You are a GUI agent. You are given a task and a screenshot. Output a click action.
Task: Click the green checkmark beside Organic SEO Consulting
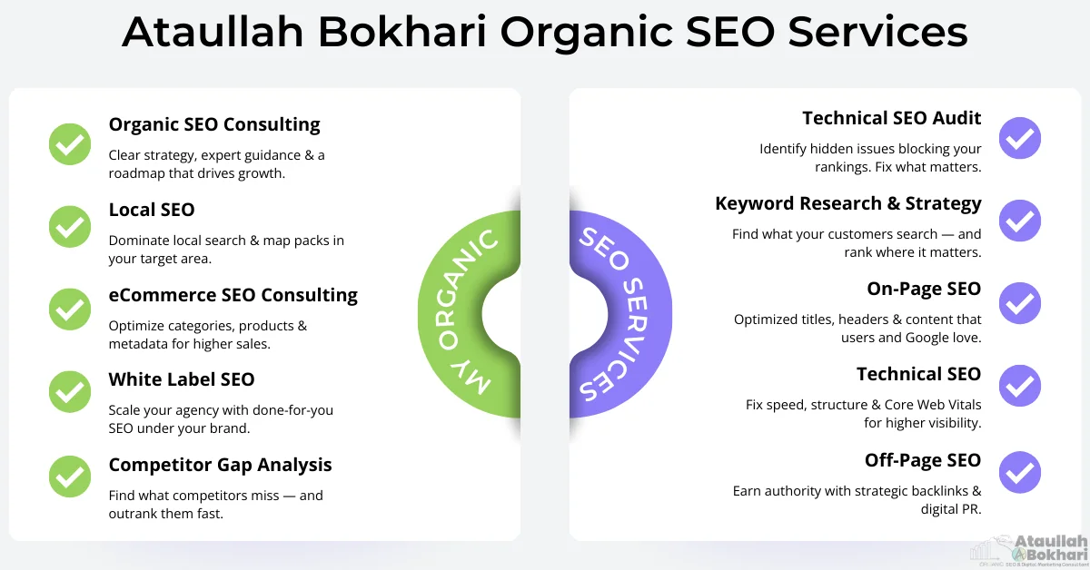[70, 143]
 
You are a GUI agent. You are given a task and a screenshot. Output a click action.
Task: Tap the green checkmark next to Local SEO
[70, 227]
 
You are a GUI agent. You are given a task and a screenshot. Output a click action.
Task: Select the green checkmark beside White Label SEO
[70, 391]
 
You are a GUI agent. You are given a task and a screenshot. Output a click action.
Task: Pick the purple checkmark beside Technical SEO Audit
[1020, 138]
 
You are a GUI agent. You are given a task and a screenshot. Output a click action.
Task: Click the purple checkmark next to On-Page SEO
[1020, 303]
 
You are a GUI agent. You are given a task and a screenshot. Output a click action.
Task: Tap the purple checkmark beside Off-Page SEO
[1020, 473]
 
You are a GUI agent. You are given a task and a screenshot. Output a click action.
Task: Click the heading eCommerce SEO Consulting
[233, 295]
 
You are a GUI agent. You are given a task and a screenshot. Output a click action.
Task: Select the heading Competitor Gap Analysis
[221, 465]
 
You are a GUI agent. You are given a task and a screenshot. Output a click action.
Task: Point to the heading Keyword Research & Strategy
[848, 203]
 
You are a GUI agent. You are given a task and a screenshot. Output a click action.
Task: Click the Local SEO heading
[152, 210]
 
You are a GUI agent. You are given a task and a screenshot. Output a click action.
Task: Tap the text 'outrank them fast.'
[166, 513]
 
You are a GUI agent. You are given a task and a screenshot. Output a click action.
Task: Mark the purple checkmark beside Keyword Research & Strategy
[1020, 221]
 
